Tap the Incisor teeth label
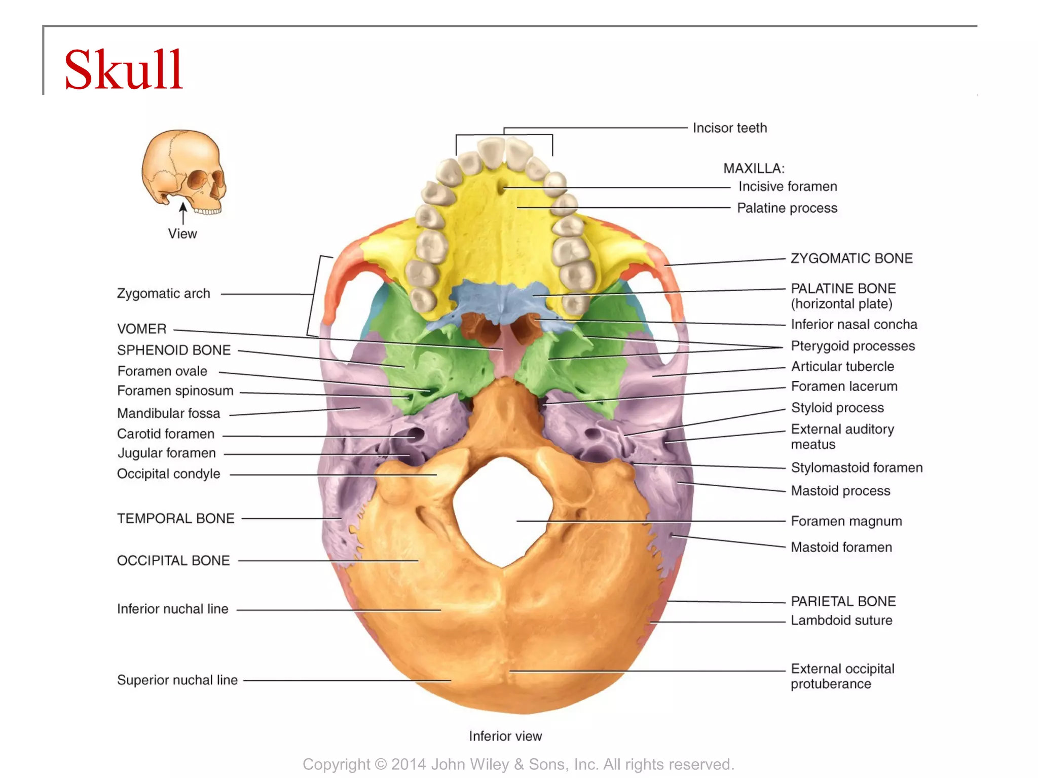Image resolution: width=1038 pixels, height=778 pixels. [729, 128]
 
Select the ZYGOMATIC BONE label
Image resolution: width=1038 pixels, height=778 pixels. [851, 258]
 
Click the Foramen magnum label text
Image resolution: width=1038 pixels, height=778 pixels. [846, 521]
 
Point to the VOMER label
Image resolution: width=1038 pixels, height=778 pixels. [141, 329]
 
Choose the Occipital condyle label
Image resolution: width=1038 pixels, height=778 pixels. [168, 474]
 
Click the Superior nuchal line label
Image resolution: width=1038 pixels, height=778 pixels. [177, 680]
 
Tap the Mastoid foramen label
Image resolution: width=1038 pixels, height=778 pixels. [841, 547]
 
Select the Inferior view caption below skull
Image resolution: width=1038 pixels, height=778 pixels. [505, 736]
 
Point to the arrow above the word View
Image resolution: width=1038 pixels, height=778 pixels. [183, 213]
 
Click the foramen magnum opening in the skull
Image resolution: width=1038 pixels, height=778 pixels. [502, 512]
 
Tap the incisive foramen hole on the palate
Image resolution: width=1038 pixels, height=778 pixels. [502, 187]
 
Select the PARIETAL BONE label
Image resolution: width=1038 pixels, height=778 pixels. [843, 601]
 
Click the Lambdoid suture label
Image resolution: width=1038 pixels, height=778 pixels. [841, 620]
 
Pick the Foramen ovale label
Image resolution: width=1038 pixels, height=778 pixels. [162, 371]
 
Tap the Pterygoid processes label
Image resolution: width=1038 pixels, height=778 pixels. [852, 346]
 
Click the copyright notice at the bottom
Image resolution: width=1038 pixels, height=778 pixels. [518, 764]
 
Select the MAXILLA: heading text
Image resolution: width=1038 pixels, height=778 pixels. [754, 168]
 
